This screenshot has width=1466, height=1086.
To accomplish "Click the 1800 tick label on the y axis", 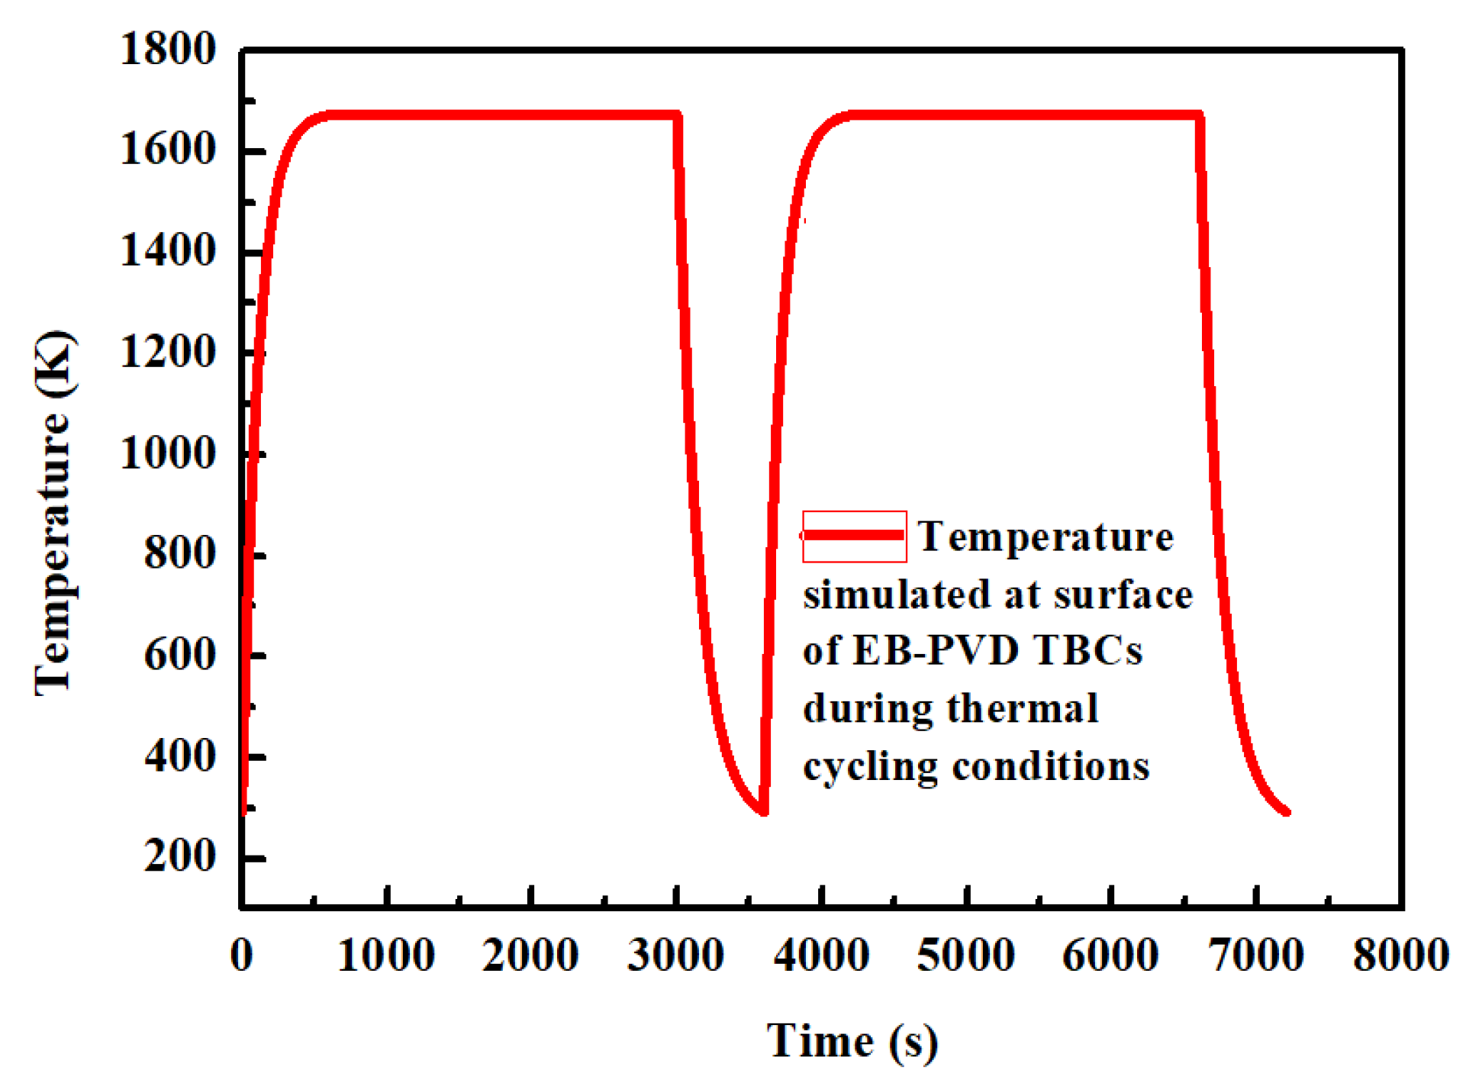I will [168, 50].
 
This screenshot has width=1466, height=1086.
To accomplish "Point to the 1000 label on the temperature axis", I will [168, 454].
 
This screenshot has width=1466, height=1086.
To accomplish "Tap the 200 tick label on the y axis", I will [180, 857].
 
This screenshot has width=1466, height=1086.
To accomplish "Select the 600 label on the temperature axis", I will [180, 656].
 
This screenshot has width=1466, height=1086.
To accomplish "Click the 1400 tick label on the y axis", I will [168, 252].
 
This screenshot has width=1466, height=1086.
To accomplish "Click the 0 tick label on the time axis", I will [241, 955].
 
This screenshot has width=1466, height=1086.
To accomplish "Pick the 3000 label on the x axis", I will [675, 955].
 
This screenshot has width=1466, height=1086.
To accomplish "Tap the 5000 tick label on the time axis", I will [965, 955].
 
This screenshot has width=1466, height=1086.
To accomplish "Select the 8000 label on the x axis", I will [1401, 955].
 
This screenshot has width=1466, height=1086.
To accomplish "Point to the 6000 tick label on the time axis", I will [1110, 955].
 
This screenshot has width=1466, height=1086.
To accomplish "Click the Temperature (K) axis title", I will [55, 513].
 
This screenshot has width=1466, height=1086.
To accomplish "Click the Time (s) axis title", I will [852, 1042].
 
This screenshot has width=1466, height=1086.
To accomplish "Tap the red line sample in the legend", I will [854, 536].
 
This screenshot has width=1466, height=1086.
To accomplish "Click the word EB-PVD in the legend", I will [936, 651].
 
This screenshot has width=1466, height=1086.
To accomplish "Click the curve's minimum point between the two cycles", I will [763, 810].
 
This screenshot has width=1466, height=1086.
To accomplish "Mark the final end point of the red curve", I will [1286, 812].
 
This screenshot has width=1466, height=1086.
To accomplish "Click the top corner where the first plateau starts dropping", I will [677, 116].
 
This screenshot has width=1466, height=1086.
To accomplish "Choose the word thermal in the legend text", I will [1023, 709].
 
